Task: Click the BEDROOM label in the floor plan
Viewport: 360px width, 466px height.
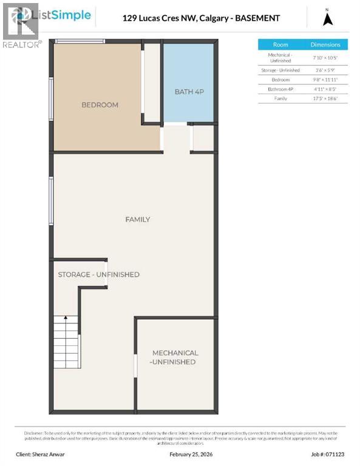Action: click(100, 105)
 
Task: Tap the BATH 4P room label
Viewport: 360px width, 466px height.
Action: click(189, 92)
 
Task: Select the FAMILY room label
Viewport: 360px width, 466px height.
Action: click(137, 219)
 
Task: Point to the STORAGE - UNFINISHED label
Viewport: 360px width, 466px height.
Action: click(98, 275)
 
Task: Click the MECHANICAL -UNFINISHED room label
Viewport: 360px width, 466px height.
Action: click(175, 357)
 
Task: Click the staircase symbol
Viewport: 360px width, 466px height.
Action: click(66, 340)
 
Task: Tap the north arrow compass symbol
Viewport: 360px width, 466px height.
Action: click(328, 18)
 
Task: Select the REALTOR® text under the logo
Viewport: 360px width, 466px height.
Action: click(22, 44)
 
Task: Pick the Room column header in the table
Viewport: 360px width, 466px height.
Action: click(280, 45)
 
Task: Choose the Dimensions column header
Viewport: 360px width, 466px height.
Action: click(325, 45)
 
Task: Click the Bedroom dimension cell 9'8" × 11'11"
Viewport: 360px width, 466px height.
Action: click(325, 79)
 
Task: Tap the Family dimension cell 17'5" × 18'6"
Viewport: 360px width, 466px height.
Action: click(325, 98)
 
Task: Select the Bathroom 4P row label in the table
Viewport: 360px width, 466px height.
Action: click(280, 89)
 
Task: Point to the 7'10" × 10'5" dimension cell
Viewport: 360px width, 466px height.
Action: click(325, 58)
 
